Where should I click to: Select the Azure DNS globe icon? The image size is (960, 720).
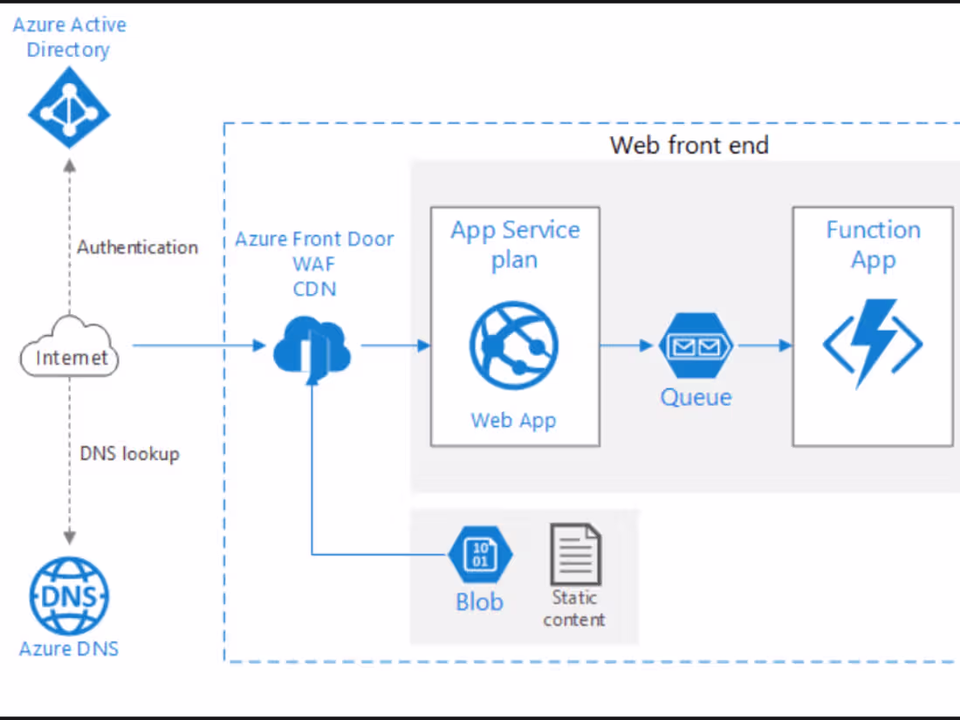[x=69, y=596]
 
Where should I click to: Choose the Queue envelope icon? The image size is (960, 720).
[x=696, y=346]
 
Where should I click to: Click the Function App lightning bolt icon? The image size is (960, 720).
[x=873, y=343]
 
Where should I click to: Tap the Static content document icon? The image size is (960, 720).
[x=575, y=554]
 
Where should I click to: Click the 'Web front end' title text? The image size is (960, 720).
[x=689, y=145]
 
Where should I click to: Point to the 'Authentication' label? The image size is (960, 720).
[x=137, y=247]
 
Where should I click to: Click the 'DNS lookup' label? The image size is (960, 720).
[x=129, y=454]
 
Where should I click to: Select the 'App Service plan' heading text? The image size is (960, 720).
[x=515, y=244]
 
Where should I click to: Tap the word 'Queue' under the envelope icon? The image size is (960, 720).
[x=696, y=398]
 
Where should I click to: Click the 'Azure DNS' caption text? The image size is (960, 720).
[x=69, y=648]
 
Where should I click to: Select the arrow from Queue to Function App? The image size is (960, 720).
[x=764, y=346]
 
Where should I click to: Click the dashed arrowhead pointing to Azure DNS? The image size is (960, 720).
[x=69, y=538]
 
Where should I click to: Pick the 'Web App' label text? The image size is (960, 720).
[x=513, y=420]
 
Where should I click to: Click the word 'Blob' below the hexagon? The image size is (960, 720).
[x=479, y=601]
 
